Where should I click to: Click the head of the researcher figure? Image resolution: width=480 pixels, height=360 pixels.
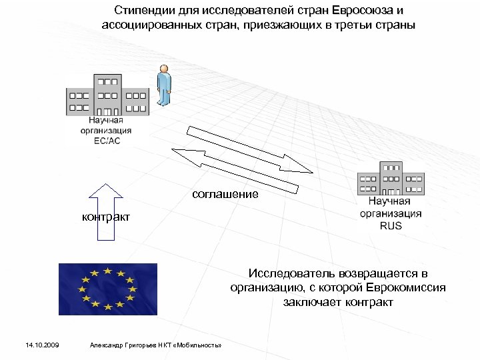(x=163, y=69)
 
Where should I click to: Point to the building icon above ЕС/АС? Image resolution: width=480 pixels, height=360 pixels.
(x=107, y=96)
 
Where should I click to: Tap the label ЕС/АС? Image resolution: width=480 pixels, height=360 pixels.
(x=107, y=141)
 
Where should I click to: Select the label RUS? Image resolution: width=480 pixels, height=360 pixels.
(x=391, y=225)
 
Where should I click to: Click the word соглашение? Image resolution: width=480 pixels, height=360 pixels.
(x=225, y=194)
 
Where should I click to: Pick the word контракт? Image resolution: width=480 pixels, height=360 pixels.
(x=105, y=217)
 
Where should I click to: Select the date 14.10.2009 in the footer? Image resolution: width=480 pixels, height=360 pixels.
(x=42, y=345)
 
